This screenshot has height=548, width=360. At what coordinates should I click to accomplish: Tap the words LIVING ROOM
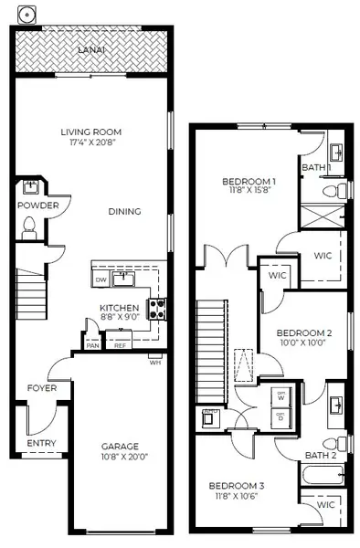(x=91, y=132)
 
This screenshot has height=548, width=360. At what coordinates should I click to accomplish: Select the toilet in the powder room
(x=29, y=225)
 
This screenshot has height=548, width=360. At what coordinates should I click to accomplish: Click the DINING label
(x=124, y=212)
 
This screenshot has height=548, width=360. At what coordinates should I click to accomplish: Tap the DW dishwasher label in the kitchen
(x=101, y=279)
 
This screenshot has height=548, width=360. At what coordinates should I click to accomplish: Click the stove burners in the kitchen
(x=157, y=309)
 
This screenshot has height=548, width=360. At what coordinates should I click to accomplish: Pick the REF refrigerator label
(x=121, y=345)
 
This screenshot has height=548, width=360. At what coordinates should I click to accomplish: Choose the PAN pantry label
(x=93, y=345)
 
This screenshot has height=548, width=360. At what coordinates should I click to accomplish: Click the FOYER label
(x=41, y=387)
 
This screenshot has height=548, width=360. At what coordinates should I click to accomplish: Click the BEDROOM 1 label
(x=249, y=182)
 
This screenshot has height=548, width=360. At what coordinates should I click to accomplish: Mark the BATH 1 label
(x=315, y=168)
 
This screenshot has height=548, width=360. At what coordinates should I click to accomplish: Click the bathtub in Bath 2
(x=324, y=475)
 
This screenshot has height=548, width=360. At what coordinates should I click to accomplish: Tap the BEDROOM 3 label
(x=236, y=485)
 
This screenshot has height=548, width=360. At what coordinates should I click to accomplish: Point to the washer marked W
(x=280, y=398)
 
